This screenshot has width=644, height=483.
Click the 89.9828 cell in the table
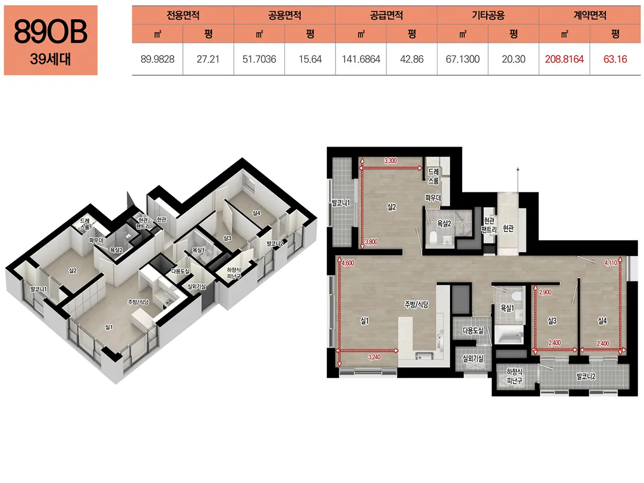(157, 59)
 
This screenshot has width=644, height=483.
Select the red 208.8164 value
(564, 59)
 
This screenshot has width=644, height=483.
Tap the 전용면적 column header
(183, 15)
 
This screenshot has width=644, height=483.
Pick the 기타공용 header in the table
(488, 15)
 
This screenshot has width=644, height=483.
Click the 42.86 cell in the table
(412, 59)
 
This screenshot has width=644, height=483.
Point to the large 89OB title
(50, 32)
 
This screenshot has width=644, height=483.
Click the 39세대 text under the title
(50, 59)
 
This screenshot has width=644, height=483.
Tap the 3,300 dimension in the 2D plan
(391, 160)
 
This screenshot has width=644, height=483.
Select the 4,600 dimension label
(348, 264)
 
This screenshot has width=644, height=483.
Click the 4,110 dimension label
(611, 264)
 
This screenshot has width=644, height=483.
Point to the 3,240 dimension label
(374, 357)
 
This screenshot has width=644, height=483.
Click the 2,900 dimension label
(545, 292)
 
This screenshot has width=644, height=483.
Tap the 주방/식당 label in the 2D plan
(416, 305)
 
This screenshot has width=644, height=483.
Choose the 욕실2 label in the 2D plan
(444, 224)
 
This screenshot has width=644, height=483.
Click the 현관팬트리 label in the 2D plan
(489, 225)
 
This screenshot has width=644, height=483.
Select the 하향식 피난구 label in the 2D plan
(515, 376)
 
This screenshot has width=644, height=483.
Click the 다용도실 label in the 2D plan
(473, 331)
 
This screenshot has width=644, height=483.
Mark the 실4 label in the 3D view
(257, 213)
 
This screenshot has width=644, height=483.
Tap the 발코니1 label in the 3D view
(39, 289)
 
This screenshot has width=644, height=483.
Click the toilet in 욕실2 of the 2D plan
(433, 237)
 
